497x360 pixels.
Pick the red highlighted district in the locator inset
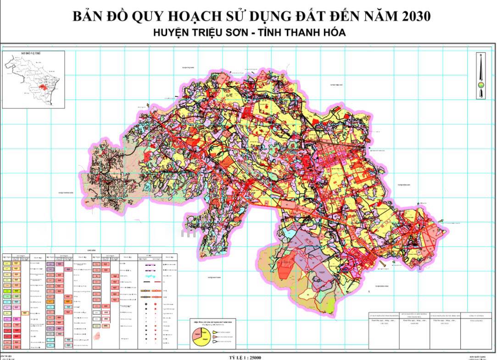tap(45, 87)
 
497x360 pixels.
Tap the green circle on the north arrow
tap(480, 84)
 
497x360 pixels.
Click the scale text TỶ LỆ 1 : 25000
tap(248, 356)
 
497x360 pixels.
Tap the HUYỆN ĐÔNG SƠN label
tap(406, 185)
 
